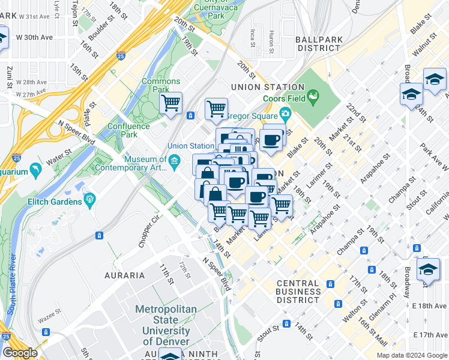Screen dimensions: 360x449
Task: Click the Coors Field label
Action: click(x=285, y=100)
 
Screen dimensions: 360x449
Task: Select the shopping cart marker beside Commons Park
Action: click(x=171, y=103)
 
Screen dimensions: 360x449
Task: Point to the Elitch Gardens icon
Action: click(x=91, y=199)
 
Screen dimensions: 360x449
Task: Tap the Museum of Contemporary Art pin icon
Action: click(x=174, y=160)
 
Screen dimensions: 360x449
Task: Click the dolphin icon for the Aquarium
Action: click(x=38, y=172)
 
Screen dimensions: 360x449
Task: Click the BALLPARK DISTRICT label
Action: click(x=319, y=43)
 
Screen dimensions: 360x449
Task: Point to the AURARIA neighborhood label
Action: click(x=125, y=275)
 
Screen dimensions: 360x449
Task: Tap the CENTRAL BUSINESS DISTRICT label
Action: click(x=298, y=291)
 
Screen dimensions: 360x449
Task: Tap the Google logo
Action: click(x=20, y=353)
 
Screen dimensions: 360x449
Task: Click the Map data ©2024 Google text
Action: click(x=411, y=355)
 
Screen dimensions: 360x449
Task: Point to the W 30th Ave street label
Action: click(x=35, y=37)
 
